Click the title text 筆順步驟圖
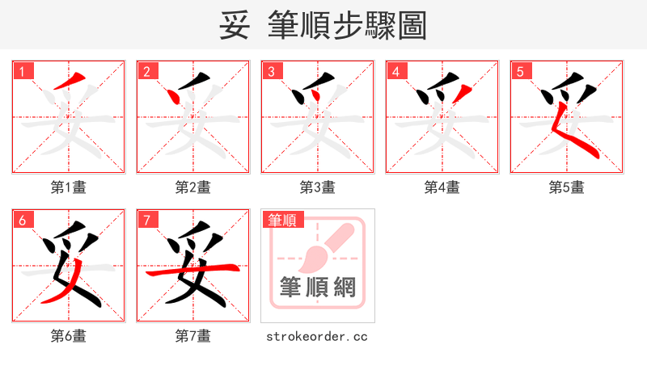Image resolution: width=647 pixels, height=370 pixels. [x=347, y=25]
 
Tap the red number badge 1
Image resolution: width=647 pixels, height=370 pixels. [x=22, y=70]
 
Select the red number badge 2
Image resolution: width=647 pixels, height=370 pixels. [x=146, y=70]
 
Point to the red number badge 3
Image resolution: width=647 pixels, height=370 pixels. [x=271, y=70]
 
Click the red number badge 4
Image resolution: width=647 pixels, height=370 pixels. [x=395, y=70]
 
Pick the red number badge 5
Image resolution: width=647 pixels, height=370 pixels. [x=520, y=70]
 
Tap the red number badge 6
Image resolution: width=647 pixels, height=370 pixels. [x=22, y=219]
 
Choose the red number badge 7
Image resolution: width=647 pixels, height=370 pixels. [x=146, y=219]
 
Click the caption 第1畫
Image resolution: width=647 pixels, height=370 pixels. [x=69, y=187]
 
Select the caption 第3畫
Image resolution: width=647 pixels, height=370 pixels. [x=318, y=187]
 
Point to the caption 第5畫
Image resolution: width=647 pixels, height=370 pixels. [x=567, y=187]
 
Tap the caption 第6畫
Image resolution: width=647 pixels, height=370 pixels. [x=69, y=336]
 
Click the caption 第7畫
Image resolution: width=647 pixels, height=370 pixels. [x=193, y=336]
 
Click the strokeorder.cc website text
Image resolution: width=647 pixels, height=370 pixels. [x=317, y=336]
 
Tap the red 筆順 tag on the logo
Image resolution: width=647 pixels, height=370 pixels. [x=281, y=219]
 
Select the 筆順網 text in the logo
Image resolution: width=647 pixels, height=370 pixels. [x=317, y=287]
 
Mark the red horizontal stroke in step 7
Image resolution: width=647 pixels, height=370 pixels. [x=192, y=271]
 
